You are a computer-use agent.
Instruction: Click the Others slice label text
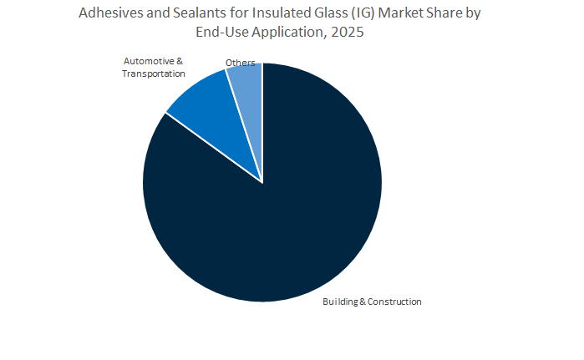coord(241,63)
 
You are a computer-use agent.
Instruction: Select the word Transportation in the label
coord(154,74)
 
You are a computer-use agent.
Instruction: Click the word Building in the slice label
coord(339,302)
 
